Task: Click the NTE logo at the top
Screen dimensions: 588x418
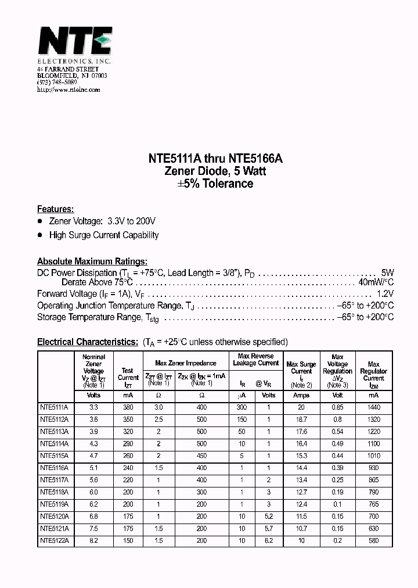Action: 74,42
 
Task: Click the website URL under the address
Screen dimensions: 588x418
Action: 69,89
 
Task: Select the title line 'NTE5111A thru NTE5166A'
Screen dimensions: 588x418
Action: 208,159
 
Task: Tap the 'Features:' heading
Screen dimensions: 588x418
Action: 55,209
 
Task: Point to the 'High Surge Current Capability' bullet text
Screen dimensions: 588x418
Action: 104,235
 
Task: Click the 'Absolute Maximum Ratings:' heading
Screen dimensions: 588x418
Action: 92,261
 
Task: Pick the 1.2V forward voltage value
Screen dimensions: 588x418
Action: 385,294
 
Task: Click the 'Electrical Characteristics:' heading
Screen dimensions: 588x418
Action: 88,342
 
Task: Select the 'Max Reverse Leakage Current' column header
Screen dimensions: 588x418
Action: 256,359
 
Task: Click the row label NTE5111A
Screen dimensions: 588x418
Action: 54,408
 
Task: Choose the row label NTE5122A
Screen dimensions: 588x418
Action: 54,540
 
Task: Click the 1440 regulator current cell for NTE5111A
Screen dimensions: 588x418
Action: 374,408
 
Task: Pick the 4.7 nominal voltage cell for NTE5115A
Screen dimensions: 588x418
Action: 93,456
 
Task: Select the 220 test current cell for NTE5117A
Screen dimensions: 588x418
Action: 128,480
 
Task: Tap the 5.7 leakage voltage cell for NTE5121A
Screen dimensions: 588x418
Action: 269,528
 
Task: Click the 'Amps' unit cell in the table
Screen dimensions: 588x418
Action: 301,395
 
